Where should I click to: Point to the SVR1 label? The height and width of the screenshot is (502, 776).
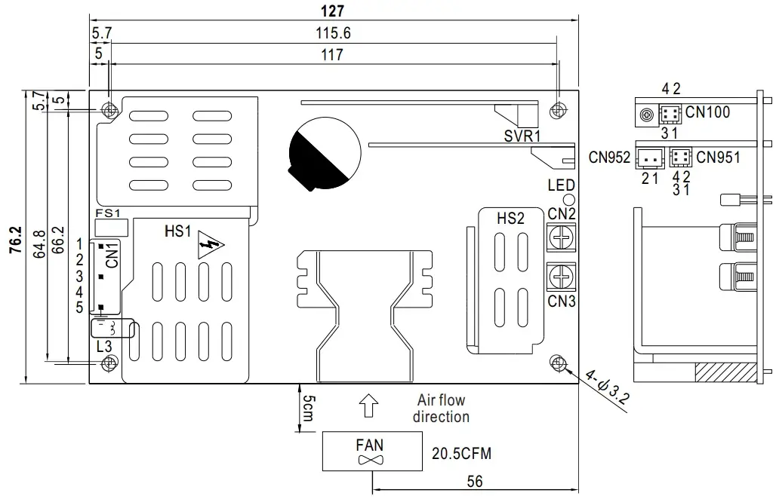522,136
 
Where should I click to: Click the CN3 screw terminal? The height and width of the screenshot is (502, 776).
561,279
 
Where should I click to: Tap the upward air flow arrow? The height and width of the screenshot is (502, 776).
369,407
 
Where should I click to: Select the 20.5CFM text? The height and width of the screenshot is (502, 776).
462,454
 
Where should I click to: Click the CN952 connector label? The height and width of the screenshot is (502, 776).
609,158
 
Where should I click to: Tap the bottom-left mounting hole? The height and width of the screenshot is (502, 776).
109,363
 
